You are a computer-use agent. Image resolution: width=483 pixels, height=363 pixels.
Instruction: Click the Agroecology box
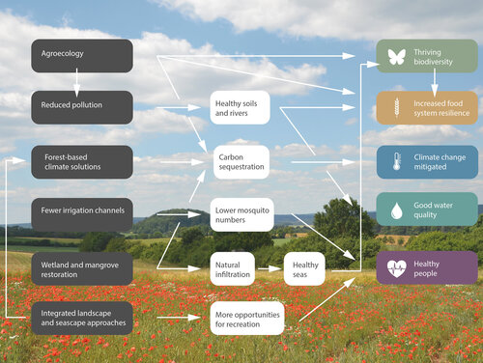81,55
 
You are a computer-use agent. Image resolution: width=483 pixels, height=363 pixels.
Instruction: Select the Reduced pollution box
81,106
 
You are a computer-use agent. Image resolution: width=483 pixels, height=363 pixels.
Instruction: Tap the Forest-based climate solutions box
81,161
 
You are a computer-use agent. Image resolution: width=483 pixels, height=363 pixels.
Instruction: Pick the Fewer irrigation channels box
81,213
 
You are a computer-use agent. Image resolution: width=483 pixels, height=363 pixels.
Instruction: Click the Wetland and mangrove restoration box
81,267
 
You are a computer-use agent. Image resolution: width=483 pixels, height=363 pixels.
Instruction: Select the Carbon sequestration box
241,160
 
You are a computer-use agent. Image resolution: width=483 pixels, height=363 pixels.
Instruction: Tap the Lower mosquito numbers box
241,213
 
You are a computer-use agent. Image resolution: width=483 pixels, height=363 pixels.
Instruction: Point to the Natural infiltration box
232,267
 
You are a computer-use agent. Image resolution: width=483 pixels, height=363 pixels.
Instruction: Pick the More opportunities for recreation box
246,318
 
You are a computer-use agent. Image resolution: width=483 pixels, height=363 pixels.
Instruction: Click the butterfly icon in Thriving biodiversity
395,56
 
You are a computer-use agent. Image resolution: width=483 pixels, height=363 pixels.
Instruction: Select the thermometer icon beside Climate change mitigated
394,161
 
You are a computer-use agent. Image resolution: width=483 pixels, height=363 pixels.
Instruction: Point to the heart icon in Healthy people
395,267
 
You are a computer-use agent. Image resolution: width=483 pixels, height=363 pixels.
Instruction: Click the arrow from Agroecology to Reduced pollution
77,81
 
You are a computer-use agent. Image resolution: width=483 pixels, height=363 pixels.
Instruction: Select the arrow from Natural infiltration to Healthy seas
270,267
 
